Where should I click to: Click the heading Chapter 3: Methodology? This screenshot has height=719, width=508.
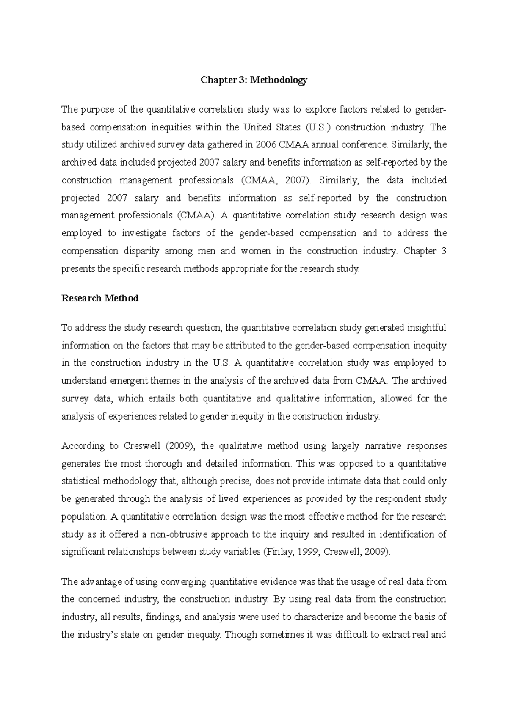tap(254, 80)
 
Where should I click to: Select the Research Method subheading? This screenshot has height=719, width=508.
tap(100, 299)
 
